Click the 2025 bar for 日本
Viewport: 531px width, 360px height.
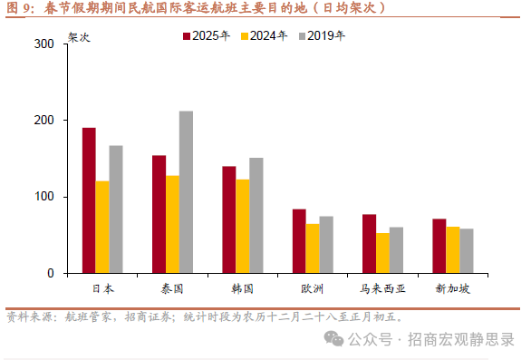tap(89, 200)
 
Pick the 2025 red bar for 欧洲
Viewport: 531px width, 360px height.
tap(298, 241)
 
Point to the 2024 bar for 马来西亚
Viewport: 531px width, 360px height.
tap(382, 253)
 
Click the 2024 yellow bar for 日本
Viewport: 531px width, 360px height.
tap(102, 227)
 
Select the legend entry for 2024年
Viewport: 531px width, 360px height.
tap(264, 35)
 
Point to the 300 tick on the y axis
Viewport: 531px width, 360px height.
tap(43, 44)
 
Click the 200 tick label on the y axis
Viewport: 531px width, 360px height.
tap(43, 121)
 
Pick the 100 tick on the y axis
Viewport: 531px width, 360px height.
tap(43, 197)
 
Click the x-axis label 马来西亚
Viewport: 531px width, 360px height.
tap(382, 289)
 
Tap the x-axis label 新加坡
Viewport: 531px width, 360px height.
tap(452, 289)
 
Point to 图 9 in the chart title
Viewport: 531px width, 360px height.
tap(19, 8)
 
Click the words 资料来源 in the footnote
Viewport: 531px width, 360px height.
tap(28, 316)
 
